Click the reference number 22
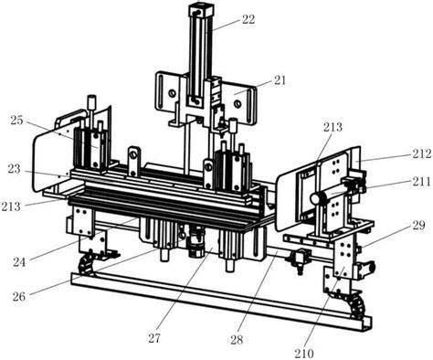248,20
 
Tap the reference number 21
280,80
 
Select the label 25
16,121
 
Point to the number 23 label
14,169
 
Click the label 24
19,262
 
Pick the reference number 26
19,296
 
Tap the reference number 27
154,338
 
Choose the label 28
237,340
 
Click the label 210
304,354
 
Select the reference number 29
418,226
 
